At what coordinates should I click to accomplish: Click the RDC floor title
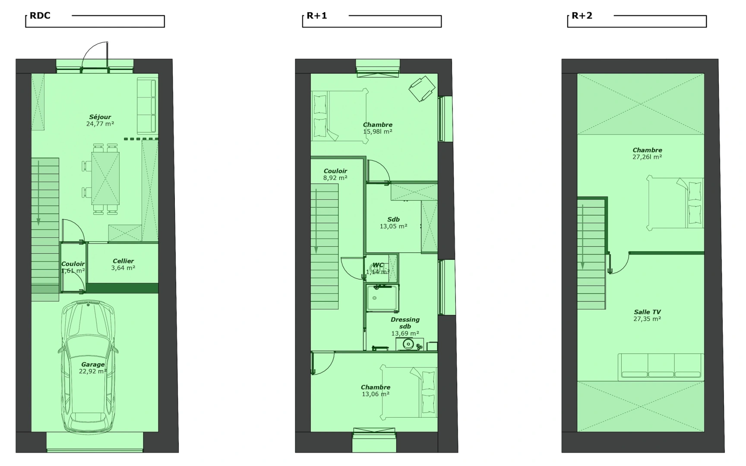point(40,16)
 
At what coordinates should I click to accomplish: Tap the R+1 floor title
point(317,16)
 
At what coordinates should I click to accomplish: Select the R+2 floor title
point(582,16)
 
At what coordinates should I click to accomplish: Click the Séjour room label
point(100,117)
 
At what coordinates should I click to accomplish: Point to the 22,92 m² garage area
point(93,371)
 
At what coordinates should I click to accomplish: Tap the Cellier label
point(123,261)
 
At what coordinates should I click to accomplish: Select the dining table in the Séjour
point(105,178)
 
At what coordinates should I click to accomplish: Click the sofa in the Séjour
point(147,106)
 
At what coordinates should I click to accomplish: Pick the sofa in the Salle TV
point(661,367)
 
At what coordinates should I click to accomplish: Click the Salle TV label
point(648,312)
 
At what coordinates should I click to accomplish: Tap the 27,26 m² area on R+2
point(647,157)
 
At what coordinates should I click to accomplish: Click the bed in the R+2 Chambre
point(675,202)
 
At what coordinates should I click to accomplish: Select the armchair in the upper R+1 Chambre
point(422,89)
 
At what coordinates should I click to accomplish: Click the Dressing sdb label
point(405,323)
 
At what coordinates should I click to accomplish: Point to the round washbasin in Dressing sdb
point(408,344)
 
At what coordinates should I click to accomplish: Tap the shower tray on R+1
point(382,298)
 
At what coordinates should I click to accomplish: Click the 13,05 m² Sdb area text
point(394,226)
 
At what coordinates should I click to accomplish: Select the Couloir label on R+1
point(335,171)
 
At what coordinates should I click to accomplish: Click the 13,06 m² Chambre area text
point(376,394)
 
